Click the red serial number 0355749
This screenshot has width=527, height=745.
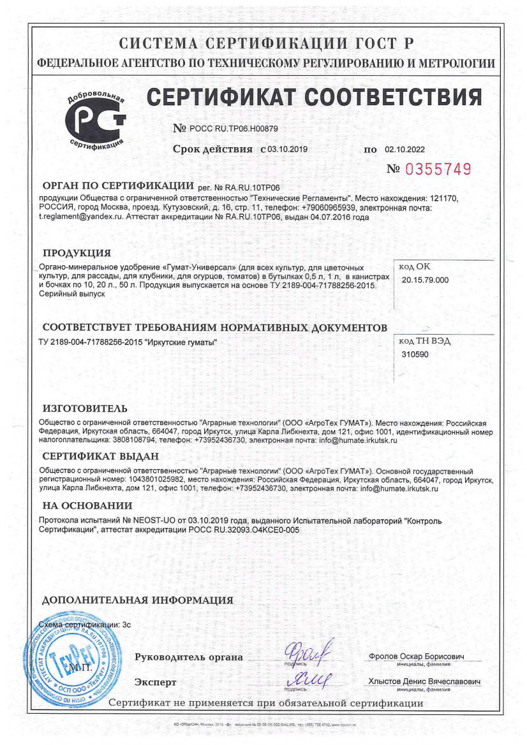(x=439, y=170)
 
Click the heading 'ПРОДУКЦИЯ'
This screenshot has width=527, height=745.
(x=77, y=252)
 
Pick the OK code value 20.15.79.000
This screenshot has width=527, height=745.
(x=426, y=280)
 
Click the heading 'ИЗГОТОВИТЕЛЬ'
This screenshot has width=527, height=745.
(x=85, y=409)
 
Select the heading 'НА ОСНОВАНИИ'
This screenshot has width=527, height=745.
(x=87, y=506)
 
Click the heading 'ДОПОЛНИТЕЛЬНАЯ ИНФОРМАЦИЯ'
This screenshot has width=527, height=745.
(x=137, y=600)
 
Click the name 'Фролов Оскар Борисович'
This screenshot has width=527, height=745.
(x=416, y=657)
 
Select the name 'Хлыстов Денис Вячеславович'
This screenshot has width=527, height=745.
(x=424, y=682)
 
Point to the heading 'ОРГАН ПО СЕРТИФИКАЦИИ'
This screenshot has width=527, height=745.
(x=117, y=186)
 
